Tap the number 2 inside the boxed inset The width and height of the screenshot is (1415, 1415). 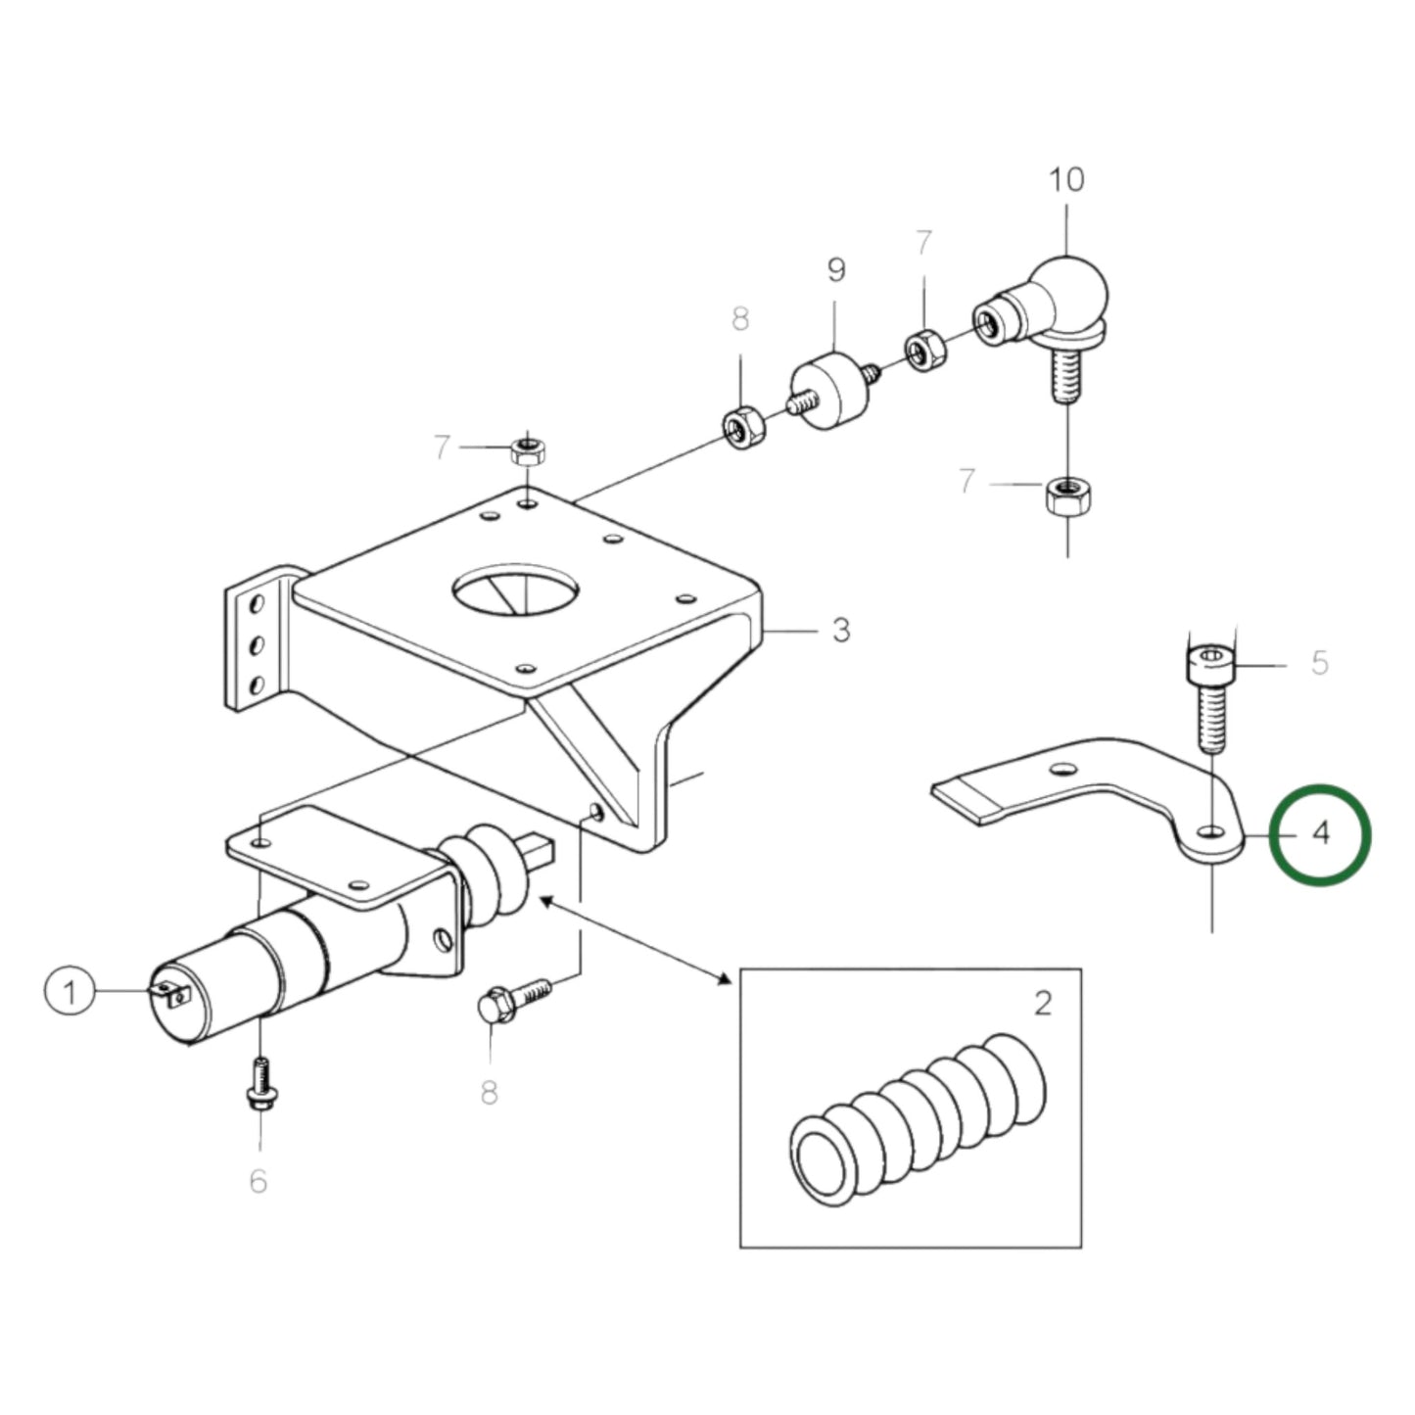[x=1042, y=1003]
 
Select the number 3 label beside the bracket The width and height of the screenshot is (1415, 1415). [x=840, y=631]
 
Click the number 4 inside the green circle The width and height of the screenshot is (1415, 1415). [x=1320, y=834]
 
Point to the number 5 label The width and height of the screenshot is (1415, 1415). [x=1319, y=663]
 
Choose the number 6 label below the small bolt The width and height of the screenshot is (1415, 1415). [x=258, y=1181]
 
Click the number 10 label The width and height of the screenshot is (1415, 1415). [x=1066, y=180]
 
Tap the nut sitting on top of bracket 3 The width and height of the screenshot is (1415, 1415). [x=528, y=451]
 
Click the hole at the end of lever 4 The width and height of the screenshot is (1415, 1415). [x=1212, y=831]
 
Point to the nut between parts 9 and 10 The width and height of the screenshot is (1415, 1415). [x=922, y=351]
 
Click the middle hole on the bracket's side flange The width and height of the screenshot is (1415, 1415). [x=257, y=644]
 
